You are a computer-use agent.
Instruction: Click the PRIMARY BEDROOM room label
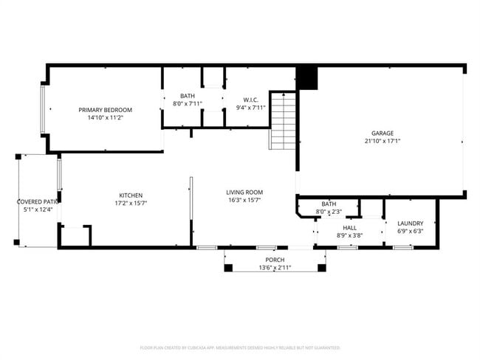tap(105, 109)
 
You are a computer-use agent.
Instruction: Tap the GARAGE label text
tap(383, 133)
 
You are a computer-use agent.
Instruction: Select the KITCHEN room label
tap(130, 195)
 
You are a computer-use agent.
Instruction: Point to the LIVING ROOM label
tap(244, 192)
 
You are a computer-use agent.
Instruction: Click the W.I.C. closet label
tap(250, 99)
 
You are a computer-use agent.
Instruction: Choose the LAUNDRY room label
tap(410, 224)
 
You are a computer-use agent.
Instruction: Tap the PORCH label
tap(275, 260)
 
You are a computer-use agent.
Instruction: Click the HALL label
tap(350, 228)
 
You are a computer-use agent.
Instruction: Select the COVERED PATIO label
tap(38, 201)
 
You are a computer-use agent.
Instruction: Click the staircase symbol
tap(283, 120)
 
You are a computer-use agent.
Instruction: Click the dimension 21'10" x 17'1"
tap(383, 141)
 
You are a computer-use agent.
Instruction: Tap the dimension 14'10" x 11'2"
tap(105, 117)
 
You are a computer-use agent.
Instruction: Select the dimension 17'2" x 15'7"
tap(130, 204)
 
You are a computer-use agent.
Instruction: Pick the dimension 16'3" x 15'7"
tap(244, 200)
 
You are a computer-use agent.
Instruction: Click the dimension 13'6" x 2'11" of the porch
tap(275, 268)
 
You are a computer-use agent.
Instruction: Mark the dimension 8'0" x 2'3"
tap(329, 212)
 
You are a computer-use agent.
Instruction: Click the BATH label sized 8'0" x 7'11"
tap(188, 96)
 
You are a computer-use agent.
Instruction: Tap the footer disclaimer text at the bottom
tap(240, 347)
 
